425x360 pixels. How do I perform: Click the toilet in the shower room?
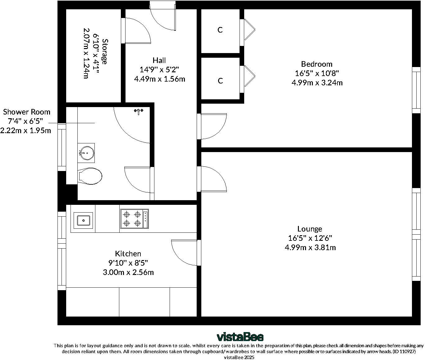click(90, 176)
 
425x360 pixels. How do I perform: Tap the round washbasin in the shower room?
click(87, 153)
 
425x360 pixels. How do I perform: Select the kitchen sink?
click(83, 221)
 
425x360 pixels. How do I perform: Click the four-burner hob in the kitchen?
click(135, 218)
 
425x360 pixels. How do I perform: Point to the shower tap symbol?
click(139, 111)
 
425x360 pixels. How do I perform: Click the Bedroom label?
click(317, 64)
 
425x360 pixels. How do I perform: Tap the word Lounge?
click(310, 229)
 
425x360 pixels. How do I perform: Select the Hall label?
click(159, 60)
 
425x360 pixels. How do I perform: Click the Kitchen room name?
click(128, 254)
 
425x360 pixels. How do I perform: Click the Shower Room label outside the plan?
click(26, 112)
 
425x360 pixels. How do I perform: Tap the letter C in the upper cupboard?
click(220, 30)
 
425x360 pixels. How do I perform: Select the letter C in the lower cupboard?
click(220, 81)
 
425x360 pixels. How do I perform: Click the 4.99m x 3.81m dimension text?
click(310, 247)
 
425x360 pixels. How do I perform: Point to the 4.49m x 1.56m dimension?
click(160, 79)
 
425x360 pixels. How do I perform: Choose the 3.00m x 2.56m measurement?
click(128, 272)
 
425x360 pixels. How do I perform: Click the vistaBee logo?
click(240, 337)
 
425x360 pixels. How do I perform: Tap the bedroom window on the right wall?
click(416, 90)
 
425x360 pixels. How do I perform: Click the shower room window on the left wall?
click(62, 147)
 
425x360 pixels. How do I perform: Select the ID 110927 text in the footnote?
click(404, 351)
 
